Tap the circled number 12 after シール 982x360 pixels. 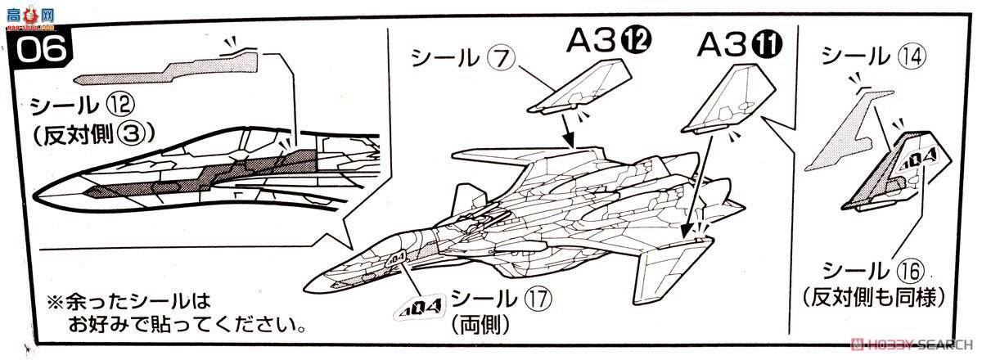click(x=120, y=106)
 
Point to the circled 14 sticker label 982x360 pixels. click(x=921, y=56)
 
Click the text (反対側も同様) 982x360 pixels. click(x=872, y=296)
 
